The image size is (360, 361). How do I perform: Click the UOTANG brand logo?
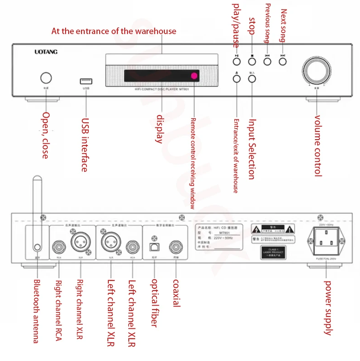pos(46,52)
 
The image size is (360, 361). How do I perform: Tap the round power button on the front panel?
pos(46,76)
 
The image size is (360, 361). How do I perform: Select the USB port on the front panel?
pos(85,81)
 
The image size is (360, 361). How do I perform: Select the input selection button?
pos(252,78)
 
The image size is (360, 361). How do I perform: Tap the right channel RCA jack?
pos(58,248)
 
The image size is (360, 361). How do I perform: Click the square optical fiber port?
pos(153,248)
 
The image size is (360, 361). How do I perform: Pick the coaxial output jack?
pos(175,248)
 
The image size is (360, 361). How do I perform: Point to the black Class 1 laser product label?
pos(273,251)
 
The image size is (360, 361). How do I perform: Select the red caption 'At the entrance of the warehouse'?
pos(114,31)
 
